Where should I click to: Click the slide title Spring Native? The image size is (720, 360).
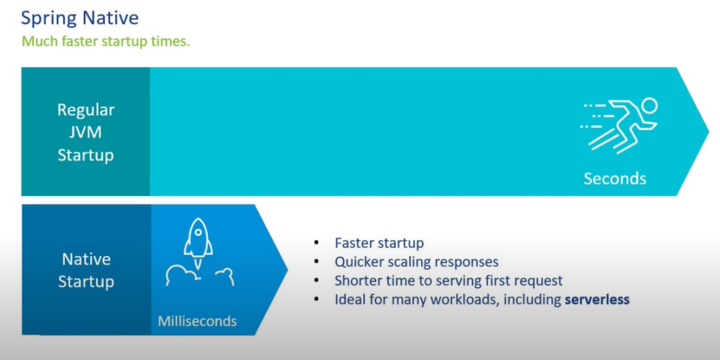[80, 19]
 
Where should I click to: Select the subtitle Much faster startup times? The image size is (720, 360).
[105, 41]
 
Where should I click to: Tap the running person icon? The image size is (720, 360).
[619, 125]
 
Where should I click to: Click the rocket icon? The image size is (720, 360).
[198, 243]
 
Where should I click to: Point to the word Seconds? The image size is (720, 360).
[615, 178]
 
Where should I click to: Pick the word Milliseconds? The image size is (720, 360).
[197, 321]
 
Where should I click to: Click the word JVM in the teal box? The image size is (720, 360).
[85, 133]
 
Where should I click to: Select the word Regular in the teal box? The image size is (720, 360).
[86, 110]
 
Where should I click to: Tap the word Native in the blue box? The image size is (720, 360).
[86, 259]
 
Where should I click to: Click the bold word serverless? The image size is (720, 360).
[597, 300]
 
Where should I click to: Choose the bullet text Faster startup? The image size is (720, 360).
[379, 243]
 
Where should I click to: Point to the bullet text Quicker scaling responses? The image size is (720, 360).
[417, 262]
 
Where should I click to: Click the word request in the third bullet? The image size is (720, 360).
[536, 281]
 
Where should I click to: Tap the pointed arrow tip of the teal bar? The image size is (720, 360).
[709, 131]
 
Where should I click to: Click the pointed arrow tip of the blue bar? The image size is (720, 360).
[287, 269]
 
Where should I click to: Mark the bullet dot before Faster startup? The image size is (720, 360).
[316, 243]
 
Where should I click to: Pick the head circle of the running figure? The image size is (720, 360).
[650, 106]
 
